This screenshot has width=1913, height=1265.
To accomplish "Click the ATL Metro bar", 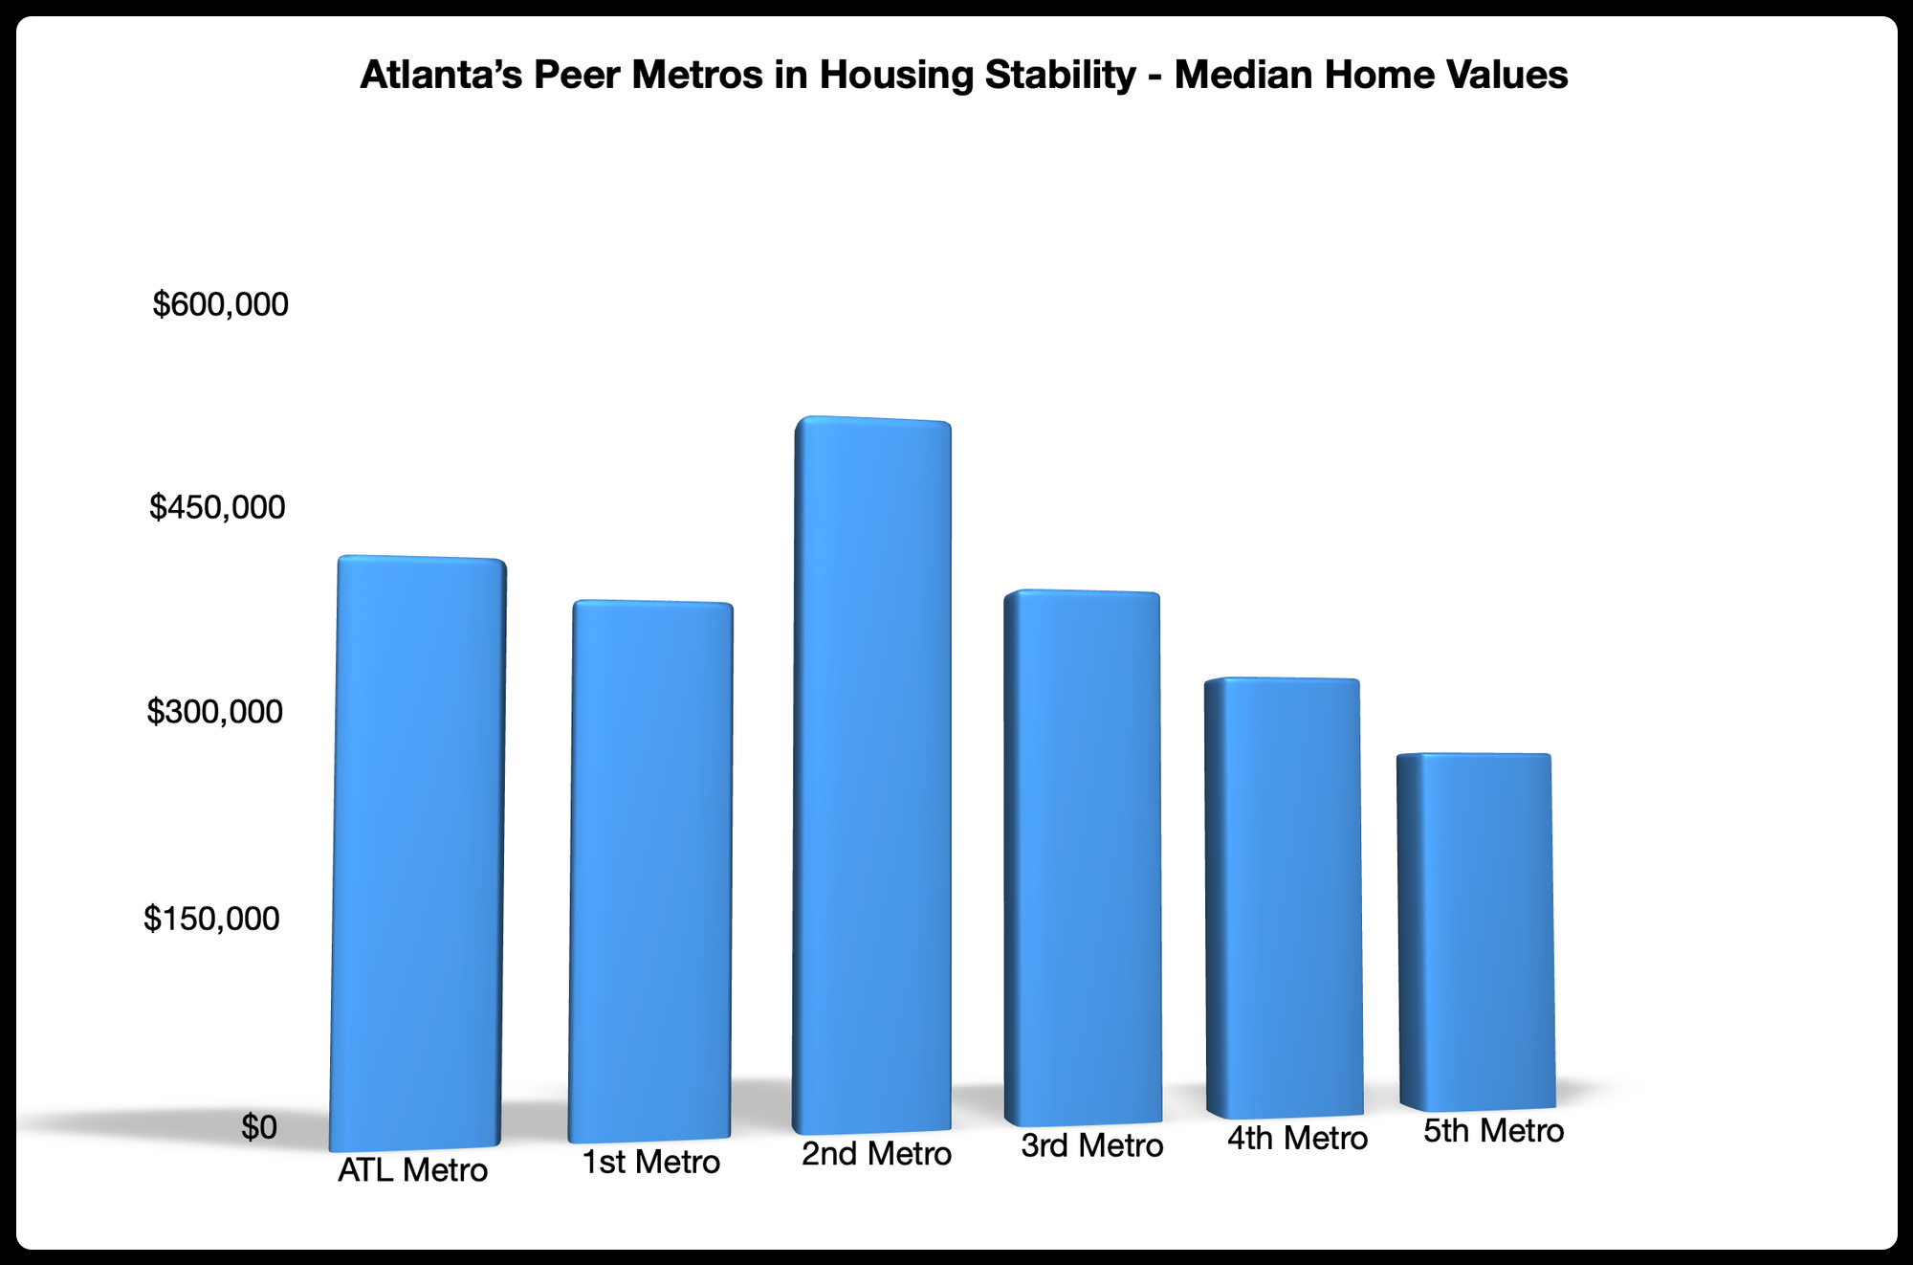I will (x=417, y=852).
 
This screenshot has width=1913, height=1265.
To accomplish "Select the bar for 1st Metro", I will (x=650, y=871).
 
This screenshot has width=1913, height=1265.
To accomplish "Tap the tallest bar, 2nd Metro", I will (x=872, y=775).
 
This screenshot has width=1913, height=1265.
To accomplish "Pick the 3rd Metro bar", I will (x=1082, y=856).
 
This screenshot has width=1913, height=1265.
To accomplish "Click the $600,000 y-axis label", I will (x=220, y=304).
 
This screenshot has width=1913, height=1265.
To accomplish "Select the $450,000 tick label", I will (x=217, y=507).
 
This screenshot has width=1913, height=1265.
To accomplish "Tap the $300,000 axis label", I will (x=215, y=712).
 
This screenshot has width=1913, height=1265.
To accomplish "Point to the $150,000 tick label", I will (x=211, y=919).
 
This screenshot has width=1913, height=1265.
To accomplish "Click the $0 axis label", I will (x=258, y=1127).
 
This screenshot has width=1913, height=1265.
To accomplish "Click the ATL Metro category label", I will (x=412, y=1170).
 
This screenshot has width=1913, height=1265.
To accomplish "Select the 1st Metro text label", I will (x=650, y=1163).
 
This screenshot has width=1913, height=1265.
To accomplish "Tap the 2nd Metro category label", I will (x=876, y=1154).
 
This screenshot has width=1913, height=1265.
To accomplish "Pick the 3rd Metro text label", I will (x=1091, y=1145).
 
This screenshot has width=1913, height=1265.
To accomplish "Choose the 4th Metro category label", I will (x=1297, y=1139).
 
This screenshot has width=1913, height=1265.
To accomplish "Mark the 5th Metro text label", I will (x=1493, y=1131).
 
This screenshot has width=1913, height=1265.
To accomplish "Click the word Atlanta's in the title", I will (x=441, y=75).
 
